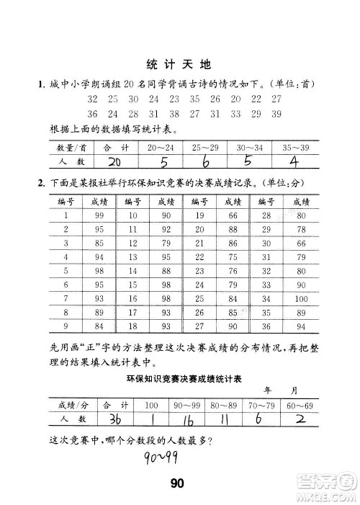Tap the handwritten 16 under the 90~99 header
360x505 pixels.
click(x=186, y=419)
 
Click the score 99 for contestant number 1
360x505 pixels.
click(x=99, y=215)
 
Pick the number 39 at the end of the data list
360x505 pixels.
click(x=276, y=115)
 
